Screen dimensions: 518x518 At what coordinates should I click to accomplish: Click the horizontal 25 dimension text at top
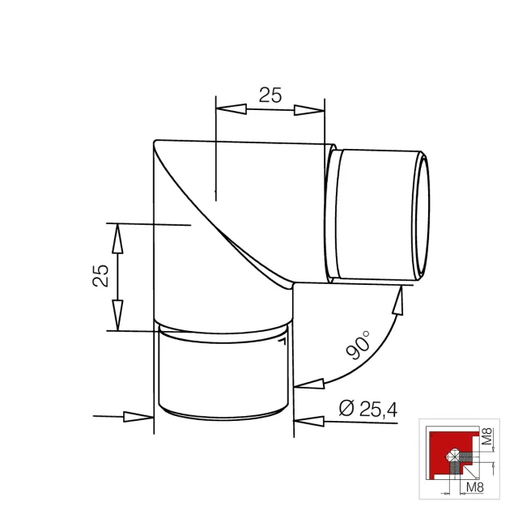tap(270, 96)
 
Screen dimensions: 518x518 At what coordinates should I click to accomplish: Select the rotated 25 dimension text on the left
tap(100, 275)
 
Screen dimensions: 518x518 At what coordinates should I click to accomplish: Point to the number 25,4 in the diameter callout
tap(378, 409)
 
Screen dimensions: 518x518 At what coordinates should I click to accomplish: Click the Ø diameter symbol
tap(347, 408)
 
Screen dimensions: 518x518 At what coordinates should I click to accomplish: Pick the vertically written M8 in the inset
tap(487, 436)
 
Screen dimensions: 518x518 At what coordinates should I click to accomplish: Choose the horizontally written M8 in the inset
tap(475, 487)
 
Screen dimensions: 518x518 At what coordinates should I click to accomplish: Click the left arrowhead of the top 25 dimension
tap(231, 109)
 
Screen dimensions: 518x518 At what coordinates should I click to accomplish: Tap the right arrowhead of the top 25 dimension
tap(309, 110)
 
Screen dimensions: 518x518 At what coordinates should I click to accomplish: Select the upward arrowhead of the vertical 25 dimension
tap(117, 239)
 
